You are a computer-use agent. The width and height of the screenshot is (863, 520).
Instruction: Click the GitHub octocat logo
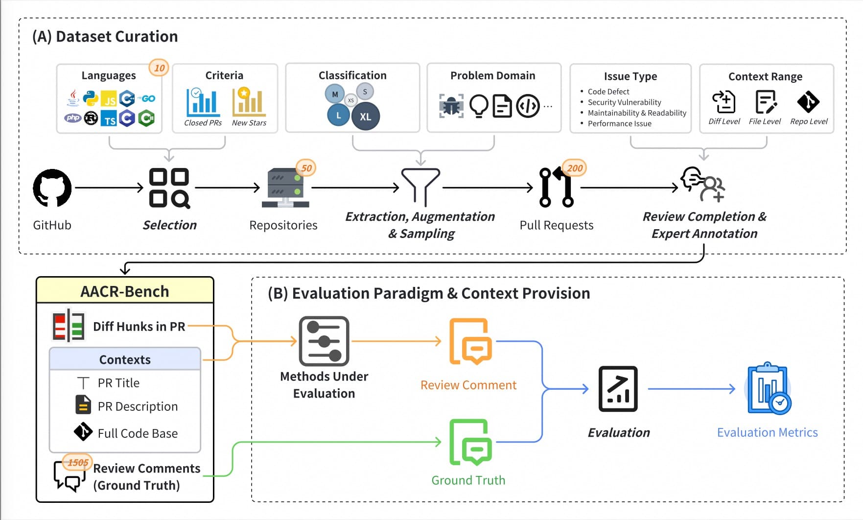click(x=52, y=188)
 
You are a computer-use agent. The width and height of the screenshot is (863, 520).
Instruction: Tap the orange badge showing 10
click(x=159, y=68)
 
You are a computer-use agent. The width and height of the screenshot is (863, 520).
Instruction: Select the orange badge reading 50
click(x=306, y=168)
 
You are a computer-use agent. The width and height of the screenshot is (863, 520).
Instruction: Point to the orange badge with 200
click(x=575, y=168)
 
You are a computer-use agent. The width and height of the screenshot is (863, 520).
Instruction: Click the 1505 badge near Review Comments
click(x=78, y=463)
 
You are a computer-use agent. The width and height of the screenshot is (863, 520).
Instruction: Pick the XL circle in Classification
click(x=366, y=117)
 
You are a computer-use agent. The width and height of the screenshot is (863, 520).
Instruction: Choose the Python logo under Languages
click(x=91, y=98)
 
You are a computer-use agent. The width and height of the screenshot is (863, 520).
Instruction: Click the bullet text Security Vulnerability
click(x=624, y=102)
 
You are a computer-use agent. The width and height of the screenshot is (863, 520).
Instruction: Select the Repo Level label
click(x=809, y=121)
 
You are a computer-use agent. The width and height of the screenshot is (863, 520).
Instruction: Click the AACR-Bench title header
click(x=125, y=291)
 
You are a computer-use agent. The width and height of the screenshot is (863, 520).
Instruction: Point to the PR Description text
click(x=138, y=406)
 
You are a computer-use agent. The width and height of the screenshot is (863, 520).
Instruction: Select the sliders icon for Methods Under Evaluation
click(x=324, y=341)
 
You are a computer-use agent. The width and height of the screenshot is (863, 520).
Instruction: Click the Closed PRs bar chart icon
click(x=203, y=102)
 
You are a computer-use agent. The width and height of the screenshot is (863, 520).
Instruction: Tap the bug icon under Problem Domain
click(x=451, y=105)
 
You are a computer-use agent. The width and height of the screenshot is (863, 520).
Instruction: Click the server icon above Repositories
click(x=285, y=188)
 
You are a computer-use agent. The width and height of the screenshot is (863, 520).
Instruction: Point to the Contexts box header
click(x=125, y=359)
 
